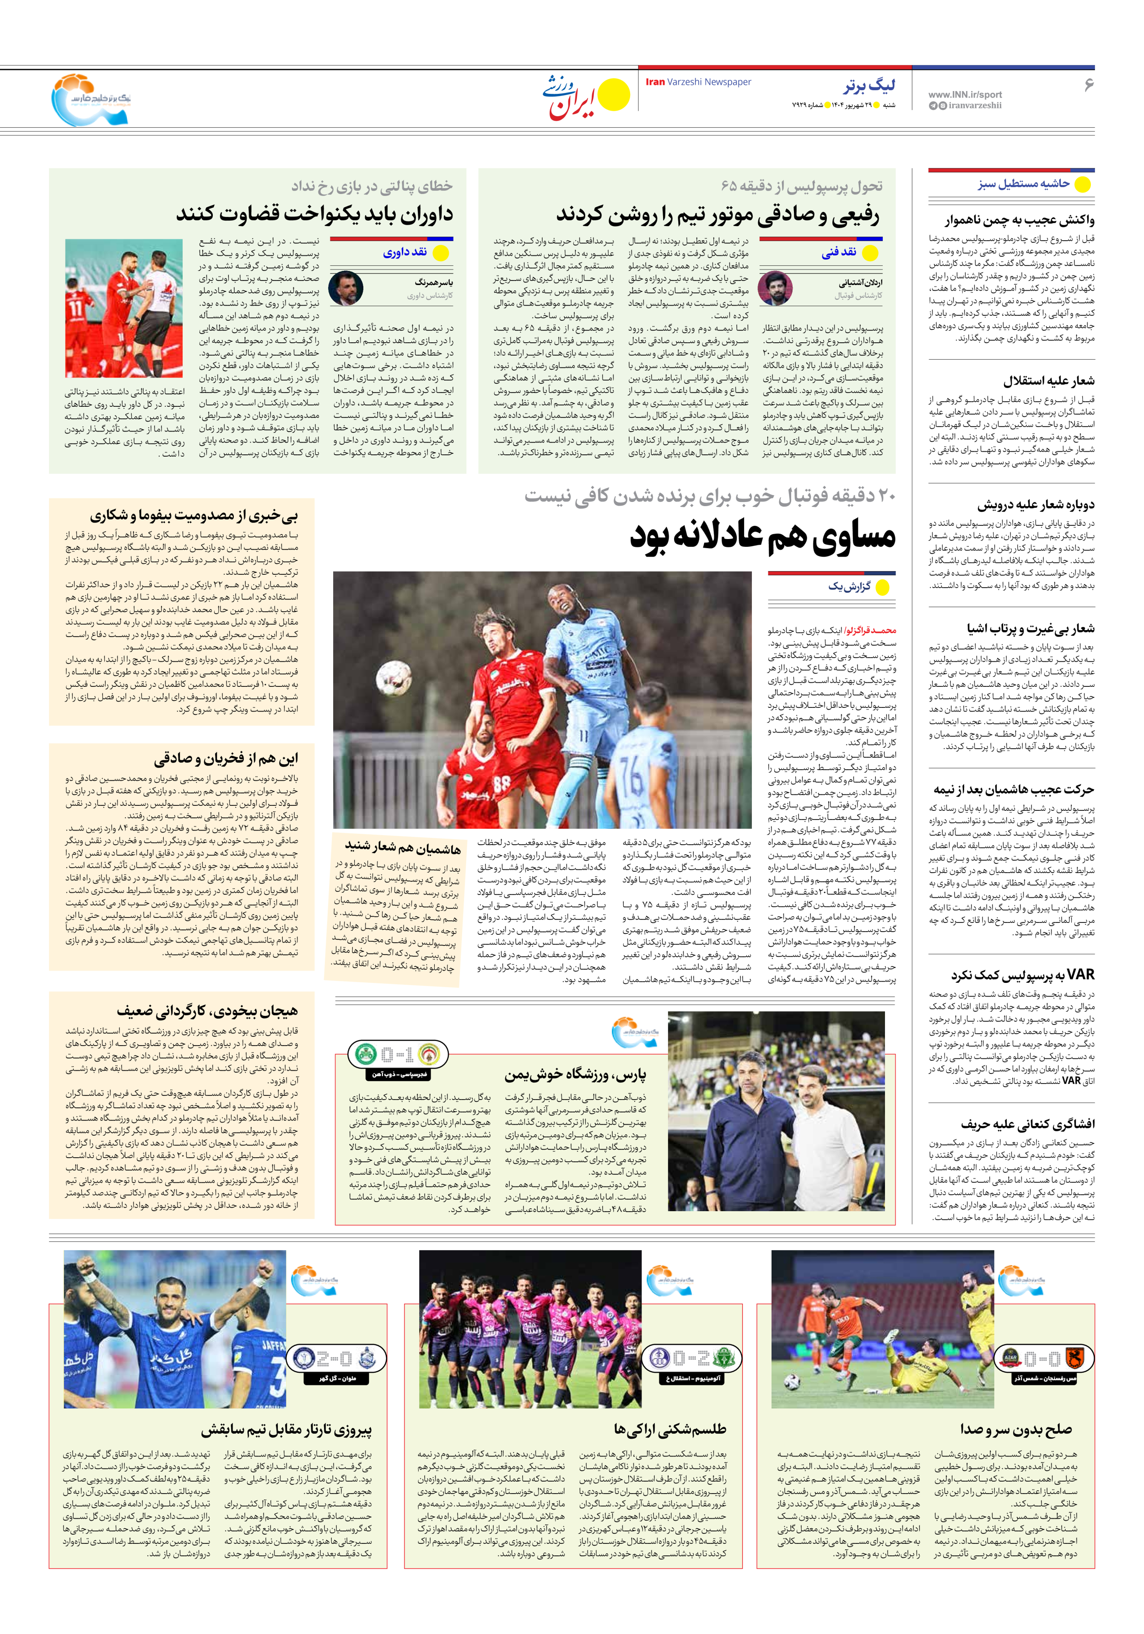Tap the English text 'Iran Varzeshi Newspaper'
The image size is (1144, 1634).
point(698,82)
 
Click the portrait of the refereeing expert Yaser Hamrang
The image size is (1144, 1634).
point(346,288)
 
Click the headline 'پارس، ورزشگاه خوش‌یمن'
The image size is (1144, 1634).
point(575,1075)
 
